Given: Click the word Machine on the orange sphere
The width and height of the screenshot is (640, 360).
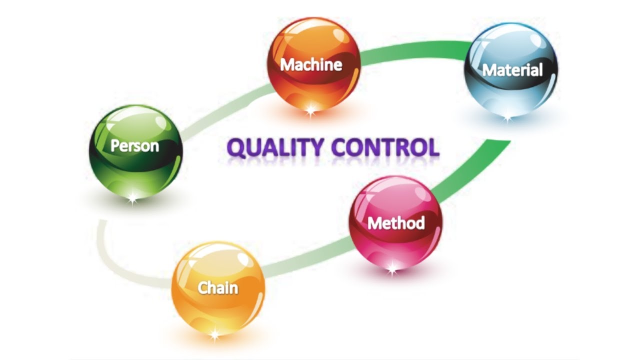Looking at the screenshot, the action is (x=311, y=64).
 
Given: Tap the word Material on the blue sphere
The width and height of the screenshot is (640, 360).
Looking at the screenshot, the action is (x=512, y=70).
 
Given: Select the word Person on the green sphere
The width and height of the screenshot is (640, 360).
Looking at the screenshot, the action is (x=134, y=146).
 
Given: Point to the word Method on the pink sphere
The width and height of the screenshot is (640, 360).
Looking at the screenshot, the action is (x=396, y=222).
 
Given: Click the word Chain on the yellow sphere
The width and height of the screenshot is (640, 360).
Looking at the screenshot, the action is (x=218, y=288).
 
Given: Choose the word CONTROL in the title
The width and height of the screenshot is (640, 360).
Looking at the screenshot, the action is (x=385, y=148).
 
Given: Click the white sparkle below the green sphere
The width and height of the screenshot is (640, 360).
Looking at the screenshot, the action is (x=132, y=199).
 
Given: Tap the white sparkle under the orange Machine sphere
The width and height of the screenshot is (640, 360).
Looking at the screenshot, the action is (x=310, y=110).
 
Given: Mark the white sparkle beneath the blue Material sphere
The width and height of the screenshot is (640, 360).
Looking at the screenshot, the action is (x=508, y=118).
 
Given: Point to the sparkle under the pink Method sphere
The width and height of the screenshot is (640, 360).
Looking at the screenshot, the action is (x=392, y=270).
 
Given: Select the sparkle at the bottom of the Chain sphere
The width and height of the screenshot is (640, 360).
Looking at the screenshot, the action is (x=215, y=334).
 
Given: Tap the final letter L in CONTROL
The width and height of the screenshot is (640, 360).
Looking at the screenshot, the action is (x=432, y=148).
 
